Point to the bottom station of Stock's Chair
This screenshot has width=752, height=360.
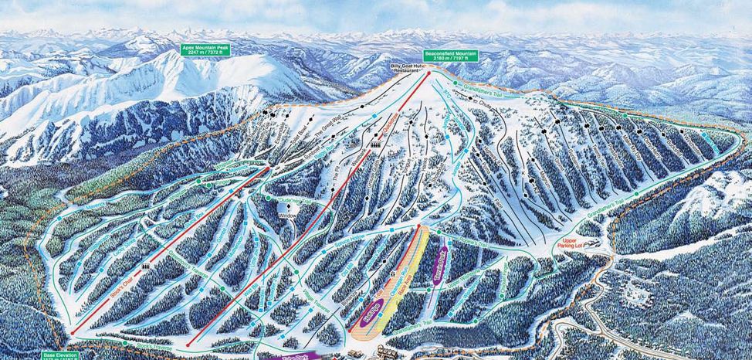point(73,333)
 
